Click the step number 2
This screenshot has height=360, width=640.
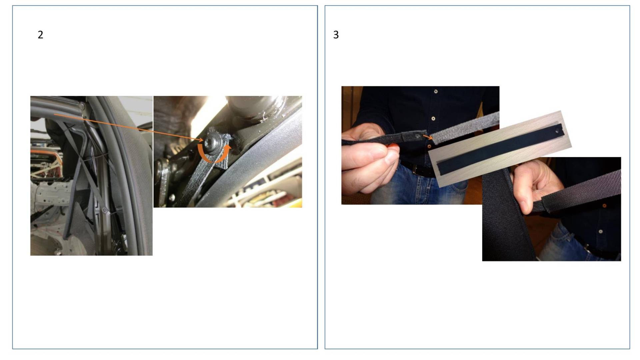click(40, 35)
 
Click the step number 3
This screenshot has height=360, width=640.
click(336, 35)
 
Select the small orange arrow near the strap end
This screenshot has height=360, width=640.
click(428, 136)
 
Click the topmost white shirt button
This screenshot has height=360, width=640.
click(436, 91)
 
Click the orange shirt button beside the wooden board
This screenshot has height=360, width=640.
click(429, 146)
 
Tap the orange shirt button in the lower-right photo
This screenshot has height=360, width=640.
click(604, 206)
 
